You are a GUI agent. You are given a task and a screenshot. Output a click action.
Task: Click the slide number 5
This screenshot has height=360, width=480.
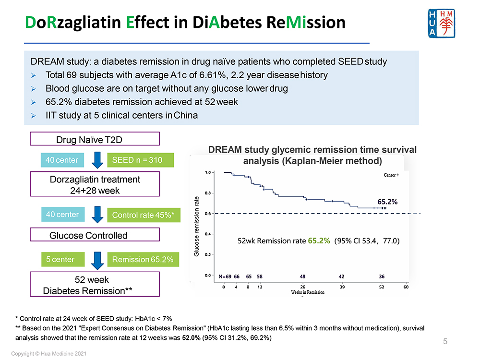(x=445, y=342)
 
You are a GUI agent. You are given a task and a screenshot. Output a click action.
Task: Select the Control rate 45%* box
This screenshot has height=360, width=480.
(x=143, y=215)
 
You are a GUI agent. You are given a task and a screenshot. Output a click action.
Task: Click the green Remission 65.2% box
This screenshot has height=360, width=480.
(x=143, y=260)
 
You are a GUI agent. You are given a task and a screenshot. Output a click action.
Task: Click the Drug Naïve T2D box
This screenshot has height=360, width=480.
(x=95, y=140)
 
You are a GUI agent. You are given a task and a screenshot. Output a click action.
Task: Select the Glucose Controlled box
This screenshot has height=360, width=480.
(x=95, y=235)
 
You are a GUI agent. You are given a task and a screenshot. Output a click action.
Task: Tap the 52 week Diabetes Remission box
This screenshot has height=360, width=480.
(x=95, y=285)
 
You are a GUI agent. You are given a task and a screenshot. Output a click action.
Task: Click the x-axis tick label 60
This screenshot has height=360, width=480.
(x=406, y=287)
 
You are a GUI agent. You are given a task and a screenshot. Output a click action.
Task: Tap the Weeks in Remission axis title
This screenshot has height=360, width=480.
(x=307, y=292)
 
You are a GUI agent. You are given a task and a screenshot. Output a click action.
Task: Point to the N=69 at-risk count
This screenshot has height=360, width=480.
(x=225, y=276)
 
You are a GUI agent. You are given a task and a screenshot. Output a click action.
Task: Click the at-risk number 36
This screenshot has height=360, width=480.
(x=381, y=276)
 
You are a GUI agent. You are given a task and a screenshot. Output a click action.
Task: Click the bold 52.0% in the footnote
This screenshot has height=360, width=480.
(x=190, y=338)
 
